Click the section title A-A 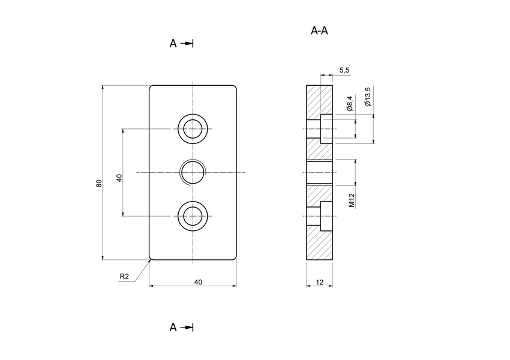tap(319, 31)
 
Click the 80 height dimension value tap(99, 182)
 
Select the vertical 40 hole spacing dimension tap(119, 178)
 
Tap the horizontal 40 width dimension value tap(198, 281)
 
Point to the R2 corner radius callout tap(124, 277)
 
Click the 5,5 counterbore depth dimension tap(344, 70)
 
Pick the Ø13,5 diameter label tap(368, 97)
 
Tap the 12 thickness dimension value tap(319, 281)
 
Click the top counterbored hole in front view tap(193, 128)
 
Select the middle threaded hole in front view tap(193, 172)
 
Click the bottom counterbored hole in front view tap(193, 216)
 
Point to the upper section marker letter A tap(173, 43)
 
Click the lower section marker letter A tap(173, 327)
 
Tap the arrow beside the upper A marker tap(188, 43)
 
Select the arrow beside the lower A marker tap(188, 327)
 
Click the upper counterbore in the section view tap(326, 128)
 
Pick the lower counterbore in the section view tap(326, 216)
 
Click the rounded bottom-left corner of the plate tap(151, 259)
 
